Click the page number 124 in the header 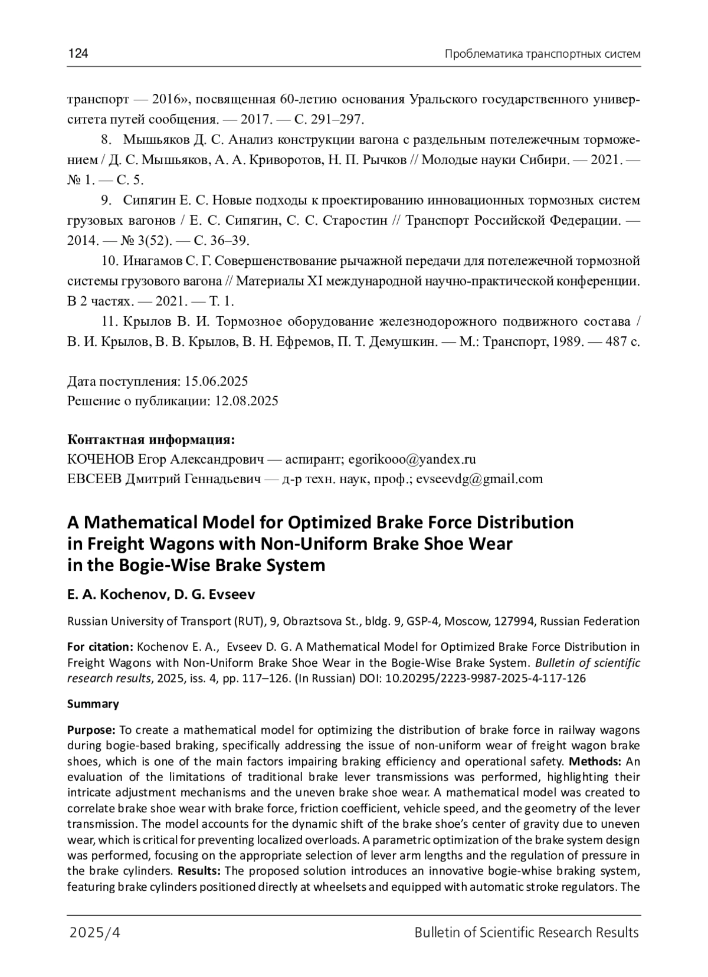78,54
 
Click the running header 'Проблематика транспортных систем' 542,54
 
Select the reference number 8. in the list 107,140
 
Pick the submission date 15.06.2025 216,380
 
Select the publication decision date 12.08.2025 246,401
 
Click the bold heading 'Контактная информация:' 151,440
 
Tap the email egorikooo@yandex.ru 412,459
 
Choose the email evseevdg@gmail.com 479,478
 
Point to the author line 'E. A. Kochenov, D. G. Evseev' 161,594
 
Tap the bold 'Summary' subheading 93,704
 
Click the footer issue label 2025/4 95,932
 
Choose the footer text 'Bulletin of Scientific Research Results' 526,932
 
